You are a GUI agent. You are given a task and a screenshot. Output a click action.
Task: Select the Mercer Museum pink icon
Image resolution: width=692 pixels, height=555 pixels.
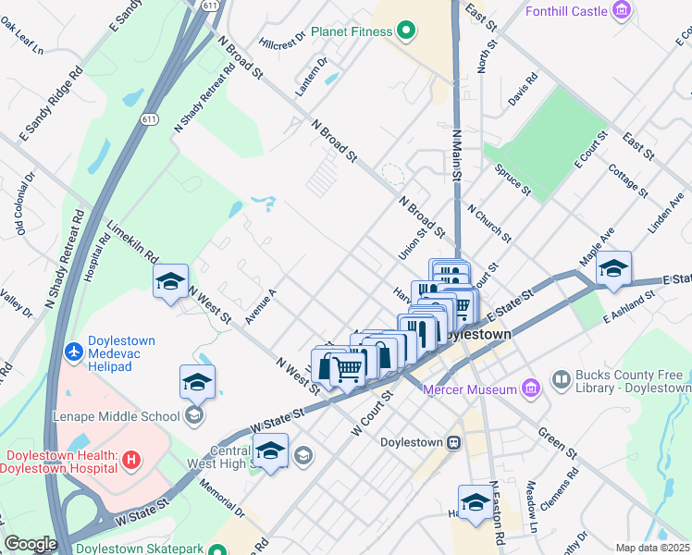(x=530, y=388)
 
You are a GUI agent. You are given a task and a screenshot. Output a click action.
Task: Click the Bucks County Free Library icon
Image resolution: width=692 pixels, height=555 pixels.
(x=560, y=379)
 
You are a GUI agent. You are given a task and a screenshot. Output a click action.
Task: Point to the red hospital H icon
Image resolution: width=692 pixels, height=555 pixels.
(x=131, y=458)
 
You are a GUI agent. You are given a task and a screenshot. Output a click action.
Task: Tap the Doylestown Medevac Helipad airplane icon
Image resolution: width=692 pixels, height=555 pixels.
(x=74, y=353)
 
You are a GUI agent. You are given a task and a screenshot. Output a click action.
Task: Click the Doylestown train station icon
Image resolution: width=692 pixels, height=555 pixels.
(x=454, y=442)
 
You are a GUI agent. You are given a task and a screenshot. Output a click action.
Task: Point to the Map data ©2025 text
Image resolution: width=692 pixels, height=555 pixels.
(x=653, y=548)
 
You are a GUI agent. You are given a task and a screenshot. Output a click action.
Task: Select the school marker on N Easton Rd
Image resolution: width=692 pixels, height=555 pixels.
(x=476, y=502)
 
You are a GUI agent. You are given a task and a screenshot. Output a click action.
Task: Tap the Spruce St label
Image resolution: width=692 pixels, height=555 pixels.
(x=513, y=179)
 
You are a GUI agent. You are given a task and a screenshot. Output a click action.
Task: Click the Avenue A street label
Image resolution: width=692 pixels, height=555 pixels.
(x=261, y=306)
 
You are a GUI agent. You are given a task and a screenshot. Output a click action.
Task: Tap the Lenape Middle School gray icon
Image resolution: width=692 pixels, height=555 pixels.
(x=194, y=414)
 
